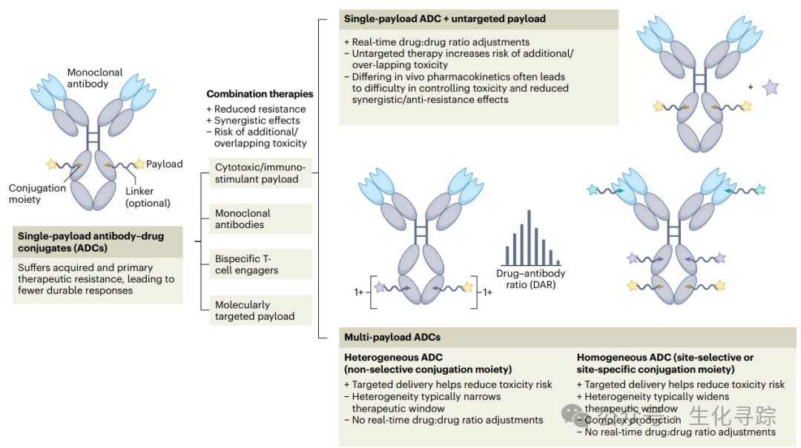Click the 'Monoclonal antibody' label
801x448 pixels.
[x=95, y=78]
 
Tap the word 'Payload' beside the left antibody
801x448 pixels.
[x=164, y=164]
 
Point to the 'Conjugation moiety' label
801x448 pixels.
[x=37, y=193]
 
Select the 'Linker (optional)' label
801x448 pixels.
[x=148, y=197]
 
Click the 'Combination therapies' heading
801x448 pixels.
[x=260, y=94]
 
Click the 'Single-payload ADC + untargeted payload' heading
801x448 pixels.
[x=445, y=19]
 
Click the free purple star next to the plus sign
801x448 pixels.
[x=771, y=88]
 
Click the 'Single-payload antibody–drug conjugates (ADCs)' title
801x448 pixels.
[x=91, y=241]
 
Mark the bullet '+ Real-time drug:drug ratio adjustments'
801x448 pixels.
[x=438, y=42]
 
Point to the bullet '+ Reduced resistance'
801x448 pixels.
[x=256, y=109]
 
